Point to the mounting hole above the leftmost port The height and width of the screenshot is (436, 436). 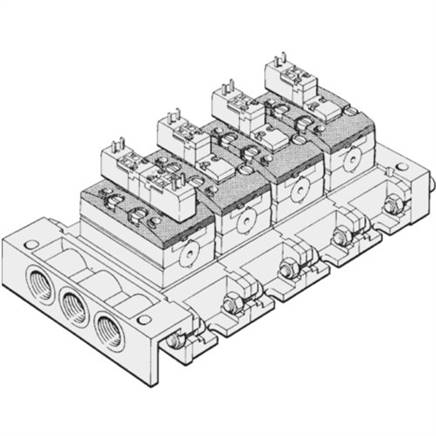(x=24, y=257)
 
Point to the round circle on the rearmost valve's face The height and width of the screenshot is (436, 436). (x=350, y=160)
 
